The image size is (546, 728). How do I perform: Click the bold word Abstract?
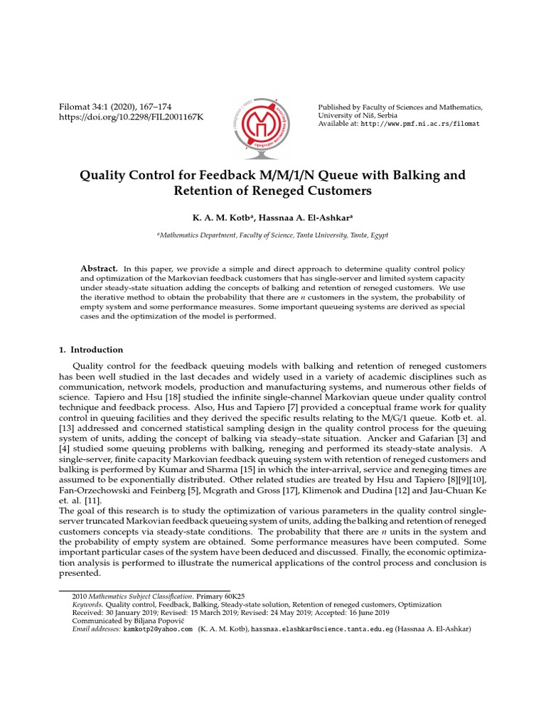(x=99, y=268)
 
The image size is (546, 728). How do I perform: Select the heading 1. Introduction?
(x=90, y=350)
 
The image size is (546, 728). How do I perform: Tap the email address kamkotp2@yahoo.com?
(x=159, y=629)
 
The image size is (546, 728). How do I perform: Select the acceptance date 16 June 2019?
(x=370, y=612)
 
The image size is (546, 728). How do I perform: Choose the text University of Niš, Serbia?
(x=357, y=115)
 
